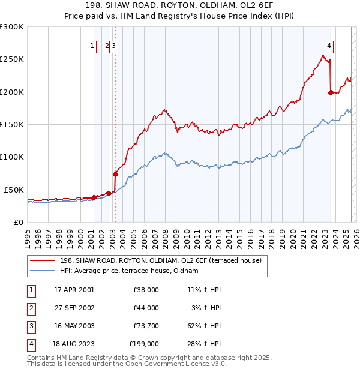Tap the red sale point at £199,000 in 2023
pos(331,92)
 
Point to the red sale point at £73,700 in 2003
pos(115,174)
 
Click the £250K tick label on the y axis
pos(12,59)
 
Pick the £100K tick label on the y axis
pos(12,157)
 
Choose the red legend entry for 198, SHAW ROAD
pos(160,261)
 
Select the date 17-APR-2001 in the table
pos(74,290)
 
